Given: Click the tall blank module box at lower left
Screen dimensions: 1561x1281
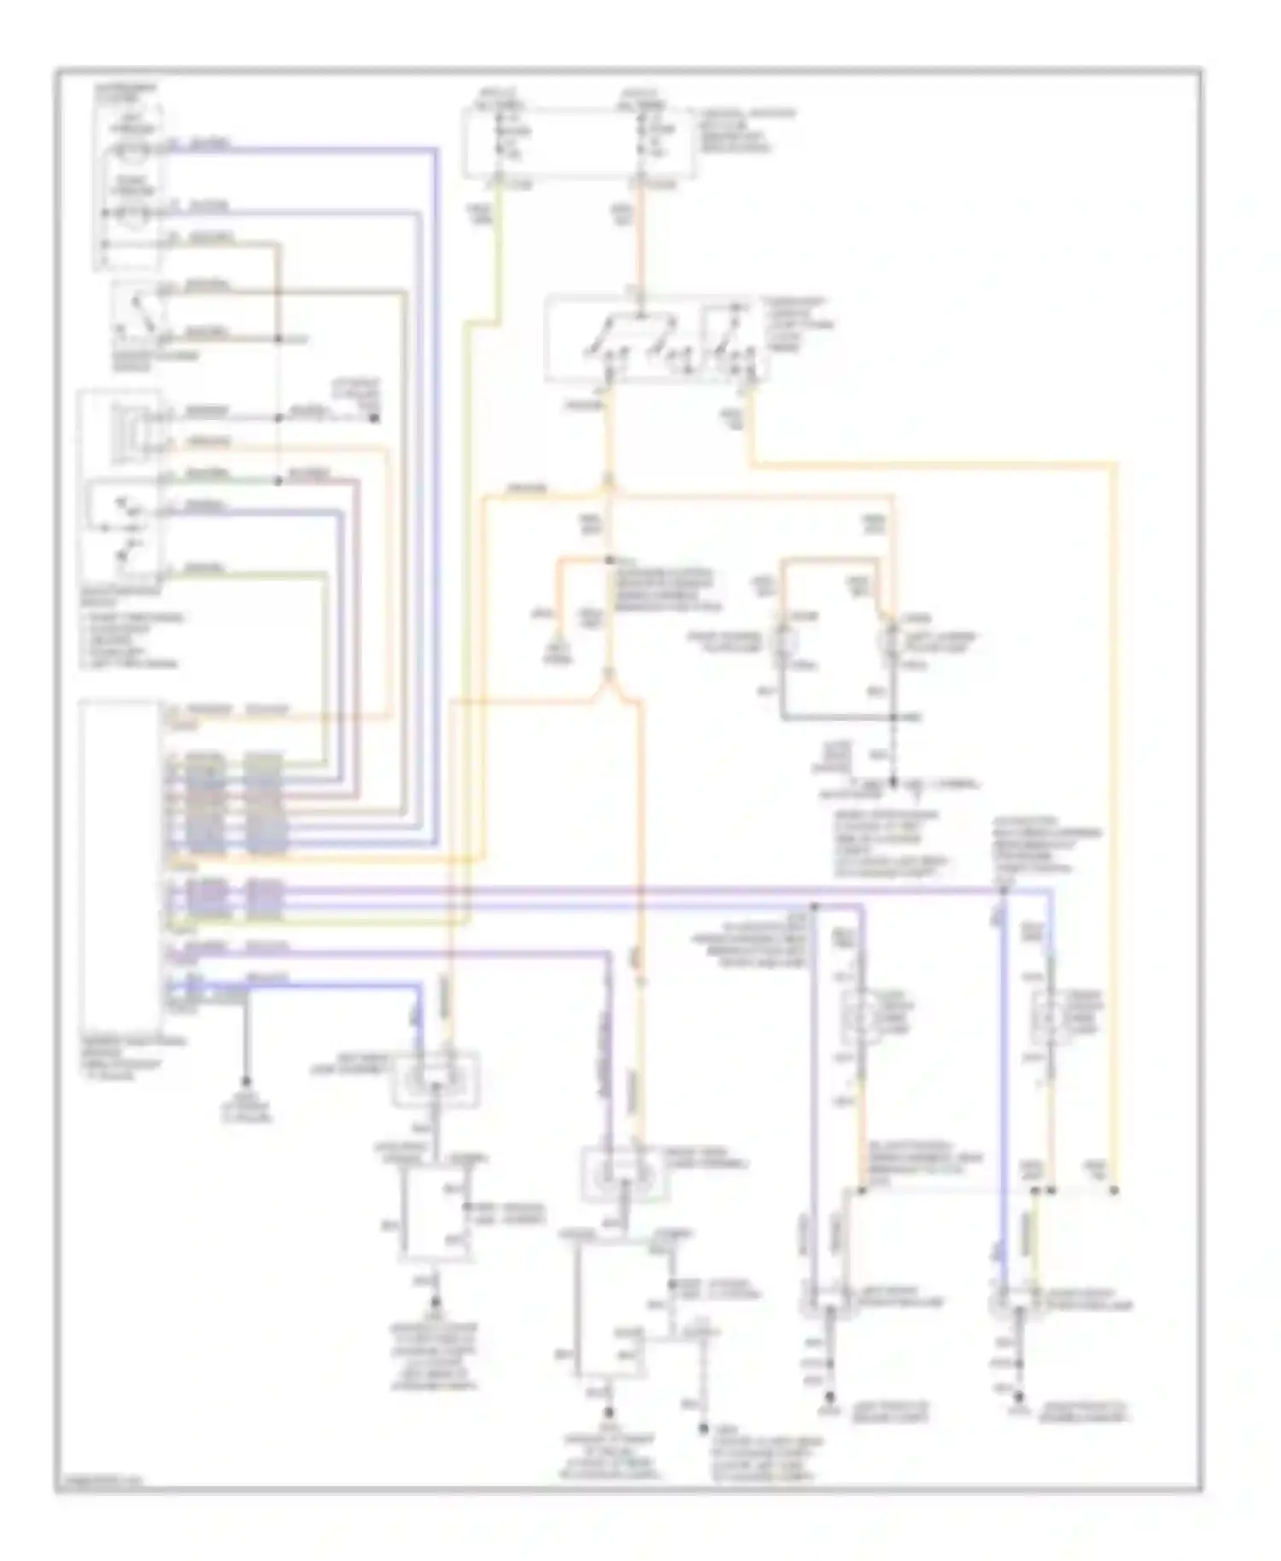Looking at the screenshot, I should [119, 862].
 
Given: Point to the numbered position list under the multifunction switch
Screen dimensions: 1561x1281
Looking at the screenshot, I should [128, 640].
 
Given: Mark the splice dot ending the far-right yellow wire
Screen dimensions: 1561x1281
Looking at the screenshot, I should [1115, 1190].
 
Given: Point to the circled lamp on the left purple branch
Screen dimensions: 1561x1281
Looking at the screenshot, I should [863, 1016].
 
